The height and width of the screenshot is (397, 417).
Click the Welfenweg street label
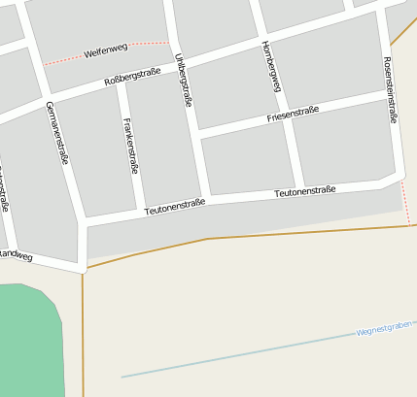click(x=106, y=50)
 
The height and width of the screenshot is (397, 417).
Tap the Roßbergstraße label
click(x=132, y=77)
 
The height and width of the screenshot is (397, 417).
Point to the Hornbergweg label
click(x=271, y=66)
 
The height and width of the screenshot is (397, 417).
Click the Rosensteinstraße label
click(x=391, y=89)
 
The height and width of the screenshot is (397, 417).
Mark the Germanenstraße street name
click(x=57, y=133)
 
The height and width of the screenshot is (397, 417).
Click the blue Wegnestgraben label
click(x=385, y=328)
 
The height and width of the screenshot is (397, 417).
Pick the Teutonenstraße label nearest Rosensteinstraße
click(x=304, y=191)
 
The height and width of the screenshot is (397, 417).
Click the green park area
click(x=29, y=340)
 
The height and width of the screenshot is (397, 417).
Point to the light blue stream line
click(x=243, y=354)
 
